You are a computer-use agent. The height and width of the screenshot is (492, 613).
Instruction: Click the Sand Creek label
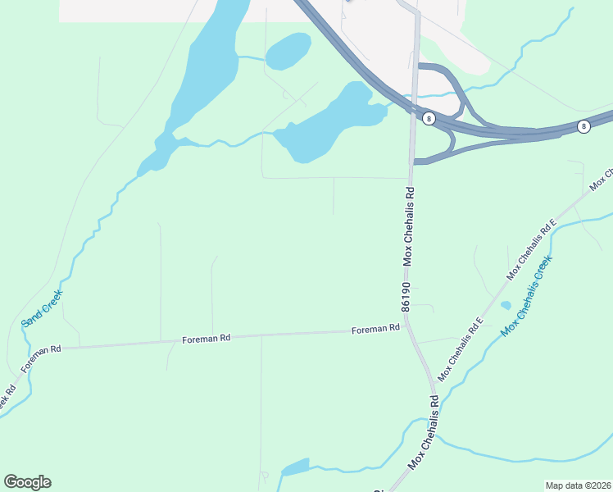coord(42,308)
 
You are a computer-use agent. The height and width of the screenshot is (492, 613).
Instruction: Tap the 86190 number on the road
coord(406,297)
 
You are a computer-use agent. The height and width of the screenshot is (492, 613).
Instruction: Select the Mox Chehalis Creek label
coord(526,295)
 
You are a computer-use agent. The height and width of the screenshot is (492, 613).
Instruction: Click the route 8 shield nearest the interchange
coord(429,119)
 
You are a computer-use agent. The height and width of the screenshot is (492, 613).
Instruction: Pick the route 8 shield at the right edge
coord(583,126)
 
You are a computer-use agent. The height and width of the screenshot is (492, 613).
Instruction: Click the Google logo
coord(27,482)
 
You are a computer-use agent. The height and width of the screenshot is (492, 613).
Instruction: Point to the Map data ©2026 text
coord(578,485)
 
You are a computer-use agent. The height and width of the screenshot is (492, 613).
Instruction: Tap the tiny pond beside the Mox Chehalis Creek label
coord(506,305)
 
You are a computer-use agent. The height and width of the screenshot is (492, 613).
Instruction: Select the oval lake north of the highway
coord(288,51)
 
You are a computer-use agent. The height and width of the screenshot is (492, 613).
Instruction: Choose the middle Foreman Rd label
coord(207,337)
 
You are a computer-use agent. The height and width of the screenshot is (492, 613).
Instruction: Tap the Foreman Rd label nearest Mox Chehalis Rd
coord(375,329)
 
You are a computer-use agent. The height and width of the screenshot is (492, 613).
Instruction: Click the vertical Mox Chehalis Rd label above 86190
coord(406,225)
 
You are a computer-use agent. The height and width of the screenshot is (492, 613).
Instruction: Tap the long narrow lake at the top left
coord(201,74)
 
